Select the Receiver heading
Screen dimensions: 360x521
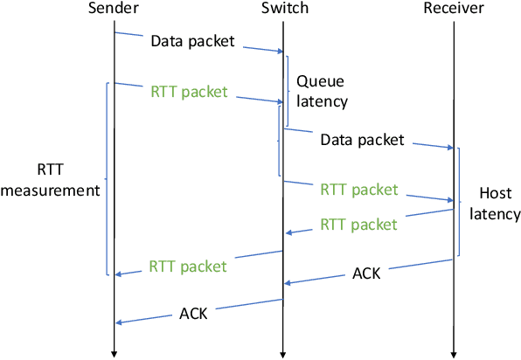pyautogui.click(x=454, y=10)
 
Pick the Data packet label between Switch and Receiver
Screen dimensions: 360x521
pyautogui.click(x=362, y=140)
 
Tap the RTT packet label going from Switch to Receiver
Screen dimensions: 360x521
pyautogui.click(x=359, y=190)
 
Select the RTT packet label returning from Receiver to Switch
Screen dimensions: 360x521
pyautogui.click(x=358, y=224)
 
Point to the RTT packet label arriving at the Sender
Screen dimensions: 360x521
pyautogui.click(x=188, y=266)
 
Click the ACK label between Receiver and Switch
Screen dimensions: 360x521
pyautogui.click(x=366, y=273)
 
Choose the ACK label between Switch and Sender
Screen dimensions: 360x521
pyautogui.click(x=193, y=312)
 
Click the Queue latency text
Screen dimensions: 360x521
pyautogui.click(x=321, y=91)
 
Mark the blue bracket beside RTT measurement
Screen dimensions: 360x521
pyautogui.click(x=107, y=179)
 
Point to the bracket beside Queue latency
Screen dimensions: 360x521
pyautogui.click(x=287, y=73)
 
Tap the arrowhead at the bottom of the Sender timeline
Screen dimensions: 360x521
pyautogui.click(x=114, y=353)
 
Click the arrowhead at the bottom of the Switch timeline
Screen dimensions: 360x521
pyautogui.click(x=282, y=353)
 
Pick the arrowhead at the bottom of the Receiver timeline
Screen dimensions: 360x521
pyautogui.click(x=454, y=353)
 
